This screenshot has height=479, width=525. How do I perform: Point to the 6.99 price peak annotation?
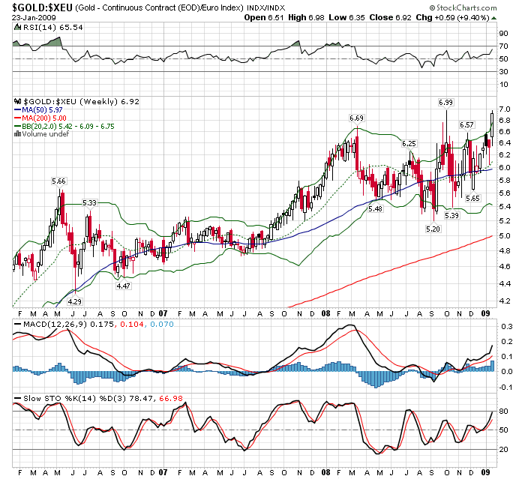click(445, 101)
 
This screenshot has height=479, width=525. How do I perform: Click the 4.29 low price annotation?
click(74, 301)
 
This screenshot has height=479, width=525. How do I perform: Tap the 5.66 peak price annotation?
click(60, 181)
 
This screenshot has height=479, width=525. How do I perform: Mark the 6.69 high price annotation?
click(356, 118)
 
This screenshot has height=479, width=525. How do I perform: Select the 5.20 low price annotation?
click(433, 229)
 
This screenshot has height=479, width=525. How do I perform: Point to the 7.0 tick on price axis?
click(502, 109)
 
